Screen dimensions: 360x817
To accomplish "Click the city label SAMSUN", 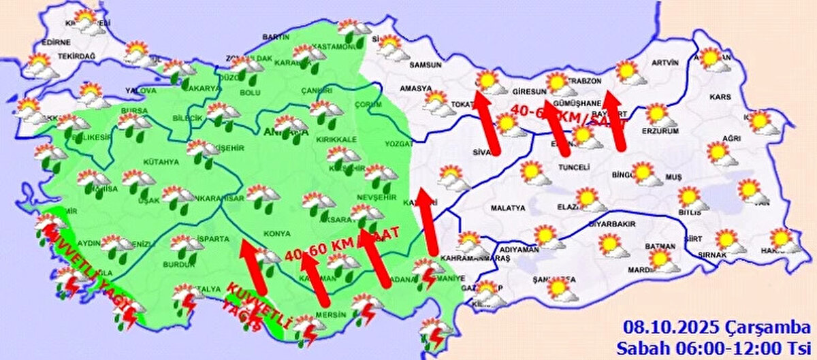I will point(426,65).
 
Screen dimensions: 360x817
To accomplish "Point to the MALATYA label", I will point(505,208).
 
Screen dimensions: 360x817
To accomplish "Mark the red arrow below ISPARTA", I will point(252,267).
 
